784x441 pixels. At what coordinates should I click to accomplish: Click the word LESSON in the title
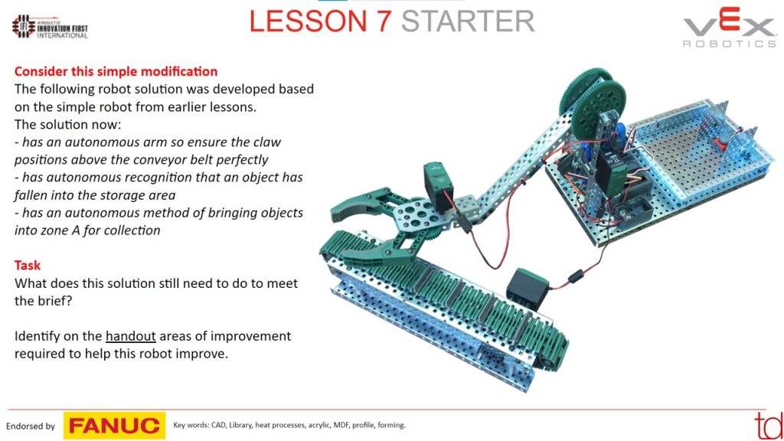[308, 21]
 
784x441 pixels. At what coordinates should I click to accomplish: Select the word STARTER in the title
[468, 21]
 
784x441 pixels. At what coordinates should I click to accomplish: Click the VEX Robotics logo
[730, 30]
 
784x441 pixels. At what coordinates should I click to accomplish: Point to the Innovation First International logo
[50, 27]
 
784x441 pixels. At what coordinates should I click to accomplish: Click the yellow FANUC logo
[115, 426]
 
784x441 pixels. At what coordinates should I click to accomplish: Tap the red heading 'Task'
[28, 266]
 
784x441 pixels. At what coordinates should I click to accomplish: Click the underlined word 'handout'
[130, 336]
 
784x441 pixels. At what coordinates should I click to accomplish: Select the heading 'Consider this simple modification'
[116, 71]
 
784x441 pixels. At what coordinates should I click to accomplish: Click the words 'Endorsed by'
[31, 426]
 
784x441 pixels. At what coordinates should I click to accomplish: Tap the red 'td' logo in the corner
[769, 426]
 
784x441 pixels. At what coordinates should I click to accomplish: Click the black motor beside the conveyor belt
[528, 288]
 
